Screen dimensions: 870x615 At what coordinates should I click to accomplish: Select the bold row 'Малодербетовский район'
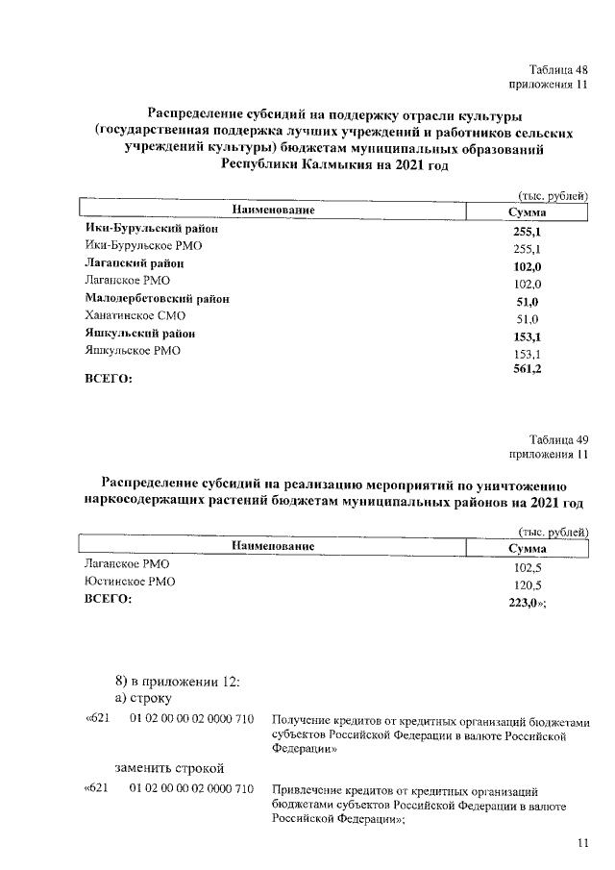157,299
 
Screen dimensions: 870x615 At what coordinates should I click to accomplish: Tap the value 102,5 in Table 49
528,567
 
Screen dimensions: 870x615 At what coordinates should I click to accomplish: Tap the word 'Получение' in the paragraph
302,720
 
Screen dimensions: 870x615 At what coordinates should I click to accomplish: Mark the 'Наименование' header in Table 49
273,546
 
